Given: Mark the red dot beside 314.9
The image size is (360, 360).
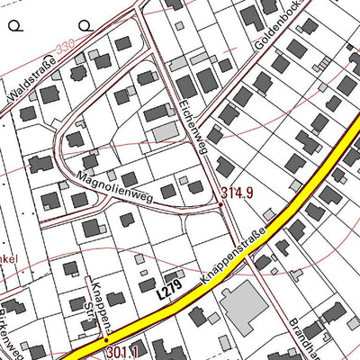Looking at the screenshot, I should point(220,204).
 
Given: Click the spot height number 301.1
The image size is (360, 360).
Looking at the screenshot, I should point(121,351).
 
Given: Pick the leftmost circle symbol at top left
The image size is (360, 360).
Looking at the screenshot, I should point(14,26).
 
